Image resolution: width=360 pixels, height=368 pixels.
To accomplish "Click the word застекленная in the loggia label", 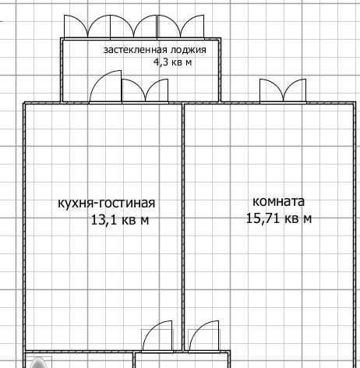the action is [135, 50].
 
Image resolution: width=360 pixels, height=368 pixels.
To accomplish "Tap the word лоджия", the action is [188, 50].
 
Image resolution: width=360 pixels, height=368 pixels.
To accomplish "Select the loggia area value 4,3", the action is [161, 62].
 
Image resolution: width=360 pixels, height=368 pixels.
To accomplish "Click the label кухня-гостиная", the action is [106, 203].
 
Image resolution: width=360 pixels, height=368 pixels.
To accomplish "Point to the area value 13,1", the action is [104, 220].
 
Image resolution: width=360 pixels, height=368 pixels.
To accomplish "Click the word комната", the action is [278, 202].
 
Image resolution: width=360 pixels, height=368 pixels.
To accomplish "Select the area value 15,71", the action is [263, 218].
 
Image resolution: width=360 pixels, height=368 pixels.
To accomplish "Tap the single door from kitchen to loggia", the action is [105, 87].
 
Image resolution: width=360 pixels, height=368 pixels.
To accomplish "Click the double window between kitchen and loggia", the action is [145, 90].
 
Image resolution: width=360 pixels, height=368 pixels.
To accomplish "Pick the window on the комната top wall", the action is [283, 90].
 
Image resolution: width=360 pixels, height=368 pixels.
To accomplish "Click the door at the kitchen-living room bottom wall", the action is [157, 336].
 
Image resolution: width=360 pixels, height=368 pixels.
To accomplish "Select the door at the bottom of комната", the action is [204, 336].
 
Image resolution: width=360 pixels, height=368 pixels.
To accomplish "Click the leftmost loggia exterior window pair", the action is [87, 27].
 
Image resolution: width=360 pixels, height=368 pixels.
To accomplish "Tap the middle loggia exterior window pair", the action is [133, 27].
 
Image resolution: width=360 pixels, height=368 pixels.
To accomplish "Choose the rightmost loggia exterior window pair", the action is [181, 27].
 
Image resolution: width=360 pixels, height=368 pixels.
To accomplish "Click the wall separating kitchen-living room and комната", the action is [183, 227].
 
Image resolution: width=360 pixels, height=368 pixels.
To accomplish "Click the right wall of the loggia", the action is [220, 70].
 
